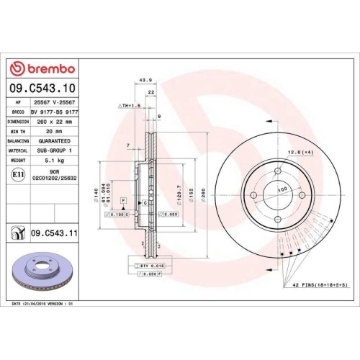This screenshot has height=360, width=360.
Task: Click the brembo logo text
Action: click(48, 69)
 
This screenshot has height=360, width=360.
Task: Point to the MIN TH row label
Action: click(19, 132)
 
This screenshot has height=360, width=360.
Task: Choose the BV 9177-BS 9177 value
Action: click(57, 113)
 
